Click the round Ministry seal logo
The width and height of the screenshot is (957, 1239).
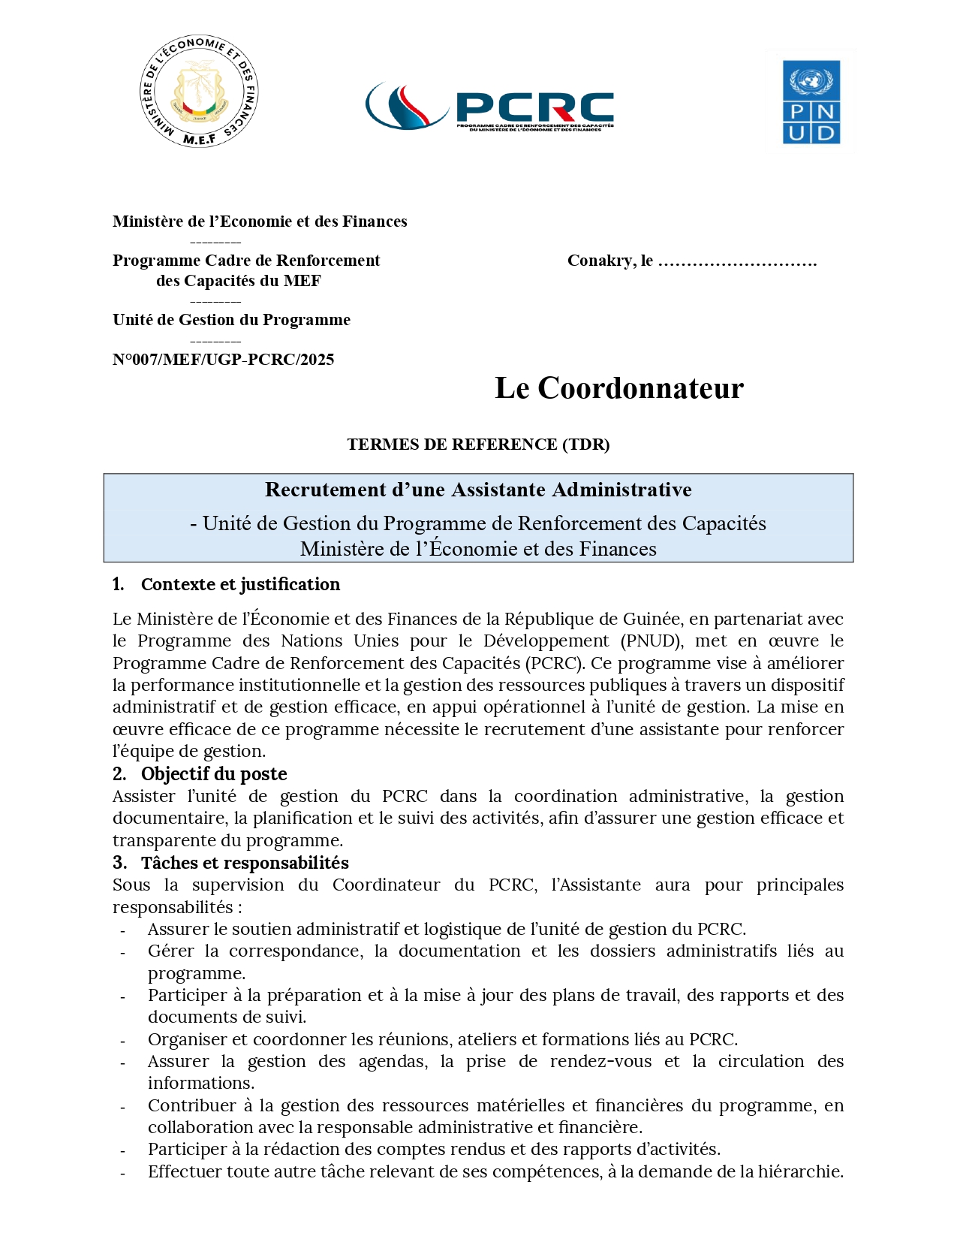click(x=199, y=91)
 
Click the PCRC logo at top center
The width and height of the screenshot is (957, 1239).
click(x=489, y=107)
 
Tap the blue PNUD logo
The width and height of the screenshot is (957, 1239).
click(x=811, y=102)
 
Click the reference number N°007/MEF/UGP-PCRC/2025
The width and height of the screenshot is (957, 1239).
click(x=223, y=360)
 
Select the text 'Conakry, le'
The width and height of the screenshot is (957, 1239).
click(x=609, y=261)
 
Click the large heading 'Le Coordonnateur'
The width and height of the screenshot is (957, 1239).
click(x=618, y=388)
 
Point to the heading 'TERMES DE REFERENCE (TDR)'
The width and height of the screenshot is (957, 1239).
click(x=478, y=445)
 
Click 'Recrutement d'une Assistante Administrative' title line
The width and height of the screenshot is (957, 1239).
click(x=478, y=490)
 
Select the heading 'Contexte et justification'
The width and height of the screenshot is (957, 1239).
click(x=240, y=584)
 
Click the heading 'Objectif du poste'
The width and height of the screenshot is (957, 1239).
click(x=214, y=774)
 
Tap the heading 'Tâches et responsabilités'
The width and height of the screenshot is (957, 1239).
click(x=245, y=863)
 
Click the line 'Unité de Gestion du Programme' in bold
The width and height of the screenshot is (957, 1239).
click(x=231, y=320)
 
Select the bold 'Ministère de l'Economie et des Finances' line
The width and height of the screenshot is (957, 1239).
click(x=260, y=222)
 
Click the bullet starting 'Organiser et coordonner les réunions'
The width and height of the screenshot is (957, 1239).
click(x=442, y=1039)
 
